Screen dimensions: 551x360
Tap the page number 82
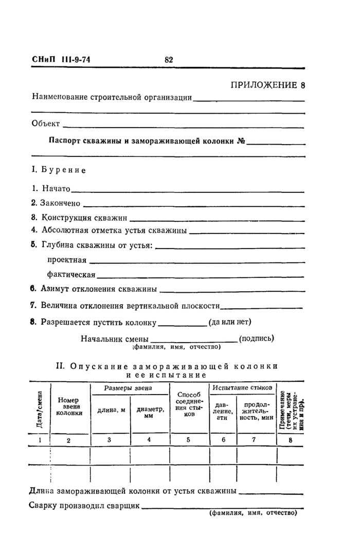[x=169, y=60]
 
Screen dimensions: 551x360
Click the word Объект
[x=46, y=123]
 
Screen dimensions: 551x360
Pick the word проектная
[x=67, y=260]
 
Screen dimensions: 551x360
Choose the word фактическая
[x=71, y=274]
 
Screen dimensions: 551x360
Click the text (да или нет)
[x=229, y=323]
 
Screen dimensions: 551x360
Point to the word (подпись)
[x=257, y=339]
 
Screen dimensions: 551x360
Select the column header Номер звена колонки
[x=69, y=406]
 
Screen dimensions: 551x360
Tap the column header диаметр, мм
[x=150, y=413]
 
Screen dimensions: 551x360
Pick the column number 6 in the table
[x=223, y=440]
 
